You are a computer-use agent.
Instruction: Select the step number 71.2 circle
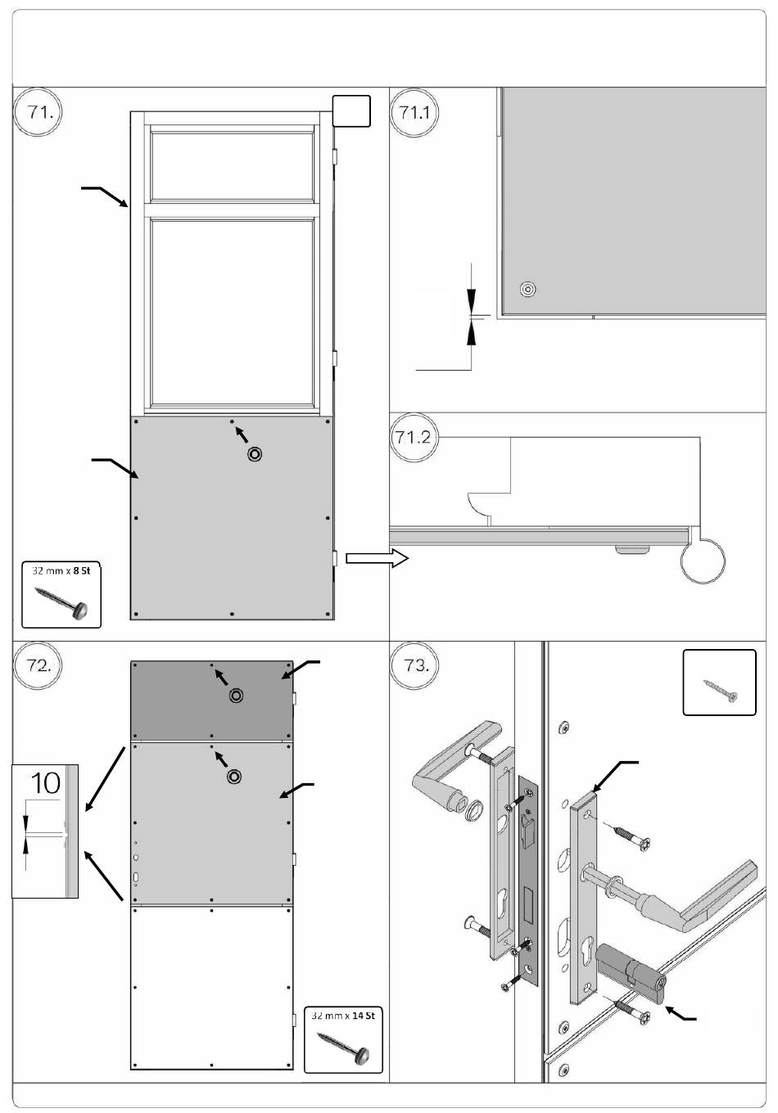coord(413,437)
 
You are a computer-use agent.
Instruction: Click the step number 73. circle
coord(415,665)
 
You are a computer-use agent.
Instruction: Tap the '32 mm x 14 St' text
coord(343,1016)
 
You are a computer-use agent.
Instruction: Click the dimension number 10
coord(46,783)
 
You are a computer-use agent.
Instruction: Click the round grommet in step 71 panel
coord(255,453)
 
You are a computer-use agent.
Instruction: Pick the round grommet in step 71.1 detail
coord(527,289)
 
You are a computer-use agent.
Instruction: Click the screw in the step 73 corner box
coord(720,689)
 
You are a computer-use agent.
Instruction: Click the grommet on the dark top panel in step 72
coord(237,696)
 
